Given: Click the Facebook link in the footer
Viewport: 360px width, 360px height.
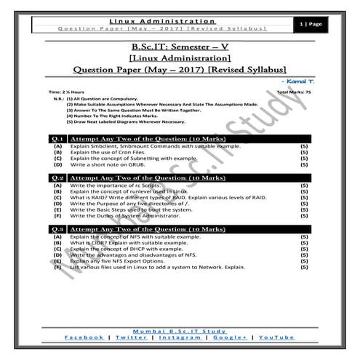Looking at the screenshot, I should coord(84,338).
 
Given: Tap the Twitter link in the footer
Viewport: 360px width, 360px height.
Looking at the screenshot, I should coord(132,338).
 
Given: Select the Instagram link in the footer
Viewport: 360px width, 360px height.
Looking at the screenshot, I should coord(180,338).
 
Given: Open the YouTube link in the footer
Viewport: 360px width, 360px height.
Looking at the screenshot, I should coord(277,338).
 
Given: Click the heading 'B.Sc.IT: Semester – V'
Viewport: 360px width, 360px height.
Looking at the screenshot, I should coord(180,49).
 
